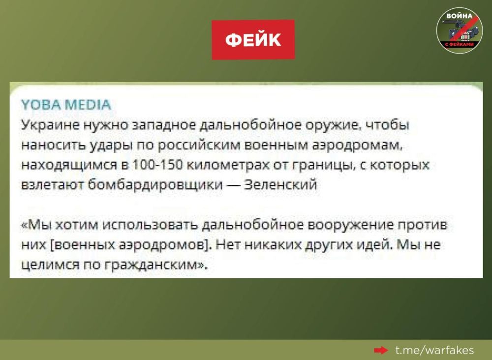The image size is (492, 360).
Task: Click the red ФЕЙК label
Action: click(x=253, y=40)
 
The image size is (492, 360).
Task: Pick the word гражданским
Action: click(x=153, y=266)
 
